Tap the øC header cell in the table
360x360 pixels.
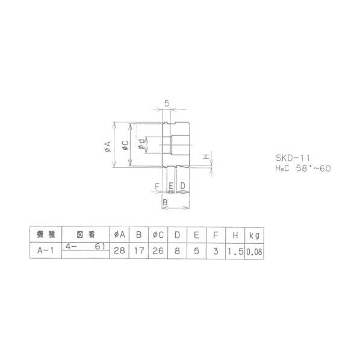(159, 234)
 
